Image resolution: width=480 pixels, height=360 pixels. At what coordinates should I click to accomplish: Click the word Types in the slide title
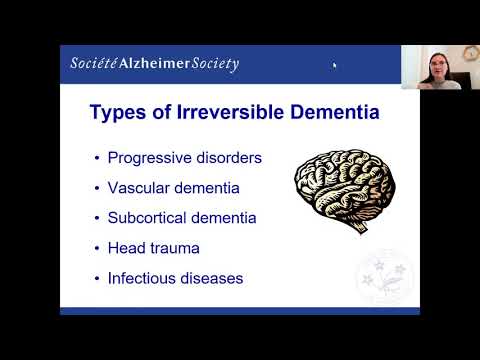click(x=120, y=113)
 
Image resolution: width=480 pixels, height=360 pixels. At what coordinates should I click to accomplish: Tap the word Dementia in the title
click(x=335, y=113)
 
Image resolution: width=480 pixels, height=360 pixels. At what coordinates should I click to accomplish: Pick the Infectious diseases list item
click(x=175, y=277)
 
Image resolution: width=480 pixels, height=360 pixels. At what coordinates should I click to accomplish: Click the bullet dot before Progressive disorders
click(x=97, y=158)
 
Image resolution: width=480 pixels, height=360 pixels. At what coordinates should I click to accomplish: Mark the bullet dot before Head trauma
click(x=97, y=248)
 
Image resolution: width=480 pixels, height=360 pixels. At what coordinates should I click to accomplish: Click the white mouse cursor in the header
click(x=334, y=66)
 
